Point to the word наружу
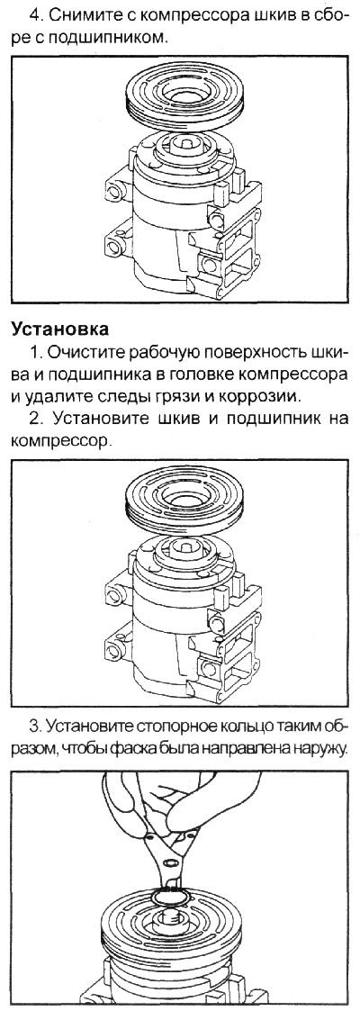[x=317, y=748]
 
